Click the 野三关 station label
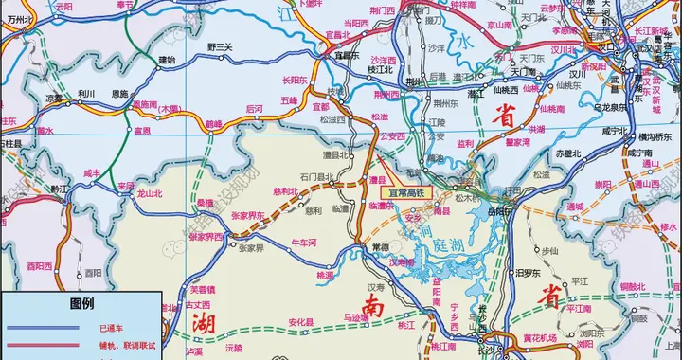(x=219, y=46)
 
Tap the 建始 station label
(x=167, y=60)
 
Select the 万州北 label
(x=20, y=18)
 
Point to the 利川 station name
(x=87, y=95)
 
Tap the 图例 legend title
(x=81, y=304)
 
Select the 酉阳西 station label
(x=39, y=266)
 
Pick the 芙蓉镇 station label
(x=203, y=289)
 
